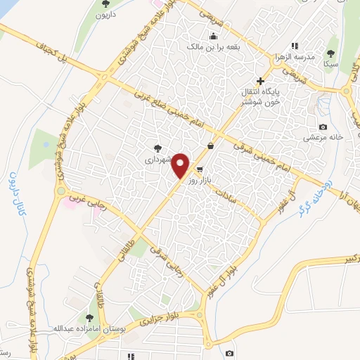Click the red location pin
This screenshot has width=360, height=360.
coord(181,165)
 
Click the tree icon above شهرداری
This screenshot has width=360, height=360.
coord(157,148)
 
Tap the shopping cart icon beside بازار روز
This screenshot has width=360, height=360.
coord(200,169)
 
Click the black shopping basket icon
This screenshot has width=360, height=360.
coord(210,146)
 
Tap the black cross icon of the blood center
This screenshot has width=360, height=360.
coord(260,81)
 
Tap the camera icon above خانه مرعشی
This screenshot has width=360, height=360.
coord(323,127)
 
